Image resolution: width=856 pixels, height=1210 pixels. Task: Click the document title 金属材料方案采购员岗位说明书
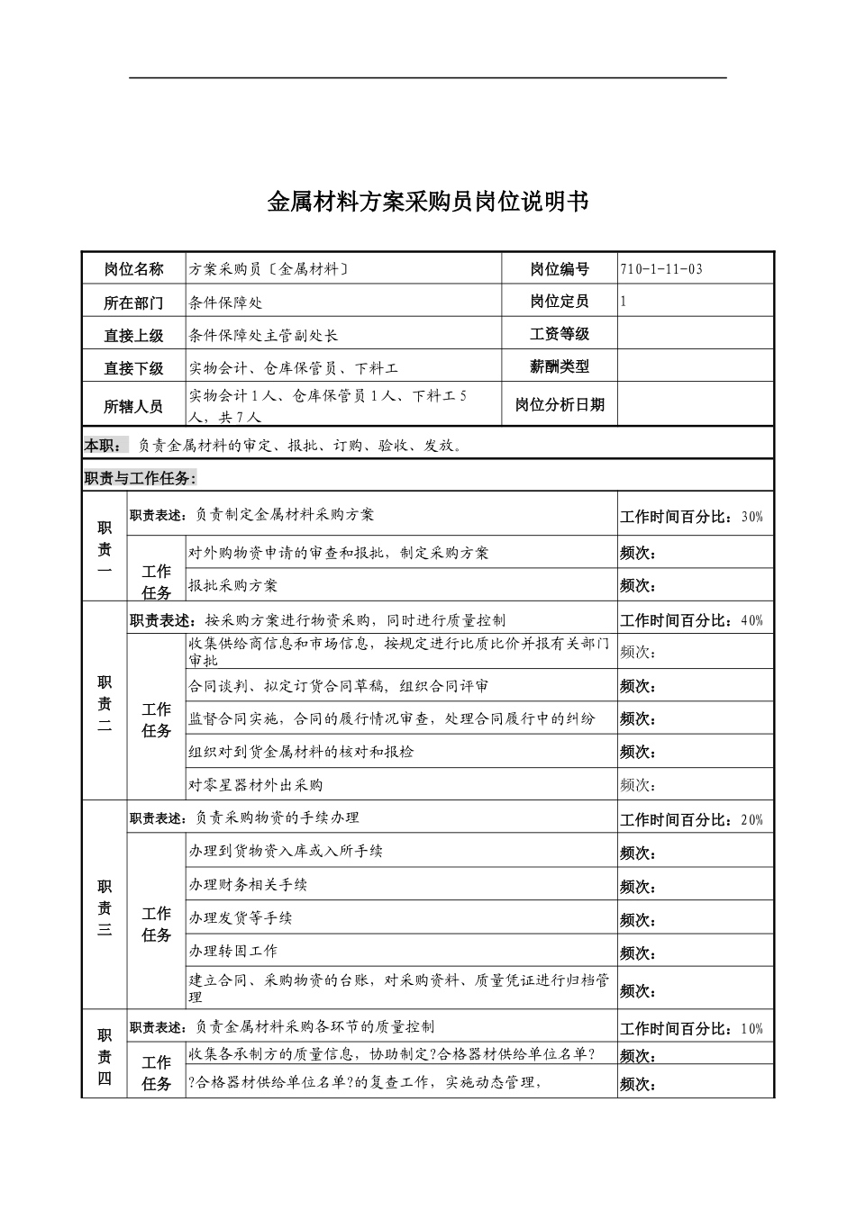(428, 202)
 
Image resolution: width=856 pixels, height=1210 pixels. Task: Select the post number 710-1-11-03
(661, 269)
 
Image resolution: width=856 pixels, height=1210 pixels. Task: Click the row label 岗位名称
(133, 269)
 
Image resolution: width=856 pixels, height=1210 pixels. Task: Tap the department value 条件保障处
(225, 302)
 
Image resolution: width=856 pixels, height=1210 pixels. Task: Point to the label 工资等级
(560, 334)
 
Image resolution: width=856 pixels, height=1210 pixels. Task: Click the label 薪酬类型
(560, 366)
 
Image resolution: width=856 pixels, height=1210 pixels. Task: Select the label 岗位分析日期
(560, 405)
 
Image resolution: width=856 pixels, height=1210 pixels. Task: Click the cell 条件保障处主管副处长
(264, 335)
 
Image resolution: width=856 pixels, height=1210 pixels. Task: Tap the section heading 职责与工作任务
(140, 478)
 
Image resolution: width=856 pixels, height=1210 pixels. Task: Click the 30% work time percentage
(751, 517)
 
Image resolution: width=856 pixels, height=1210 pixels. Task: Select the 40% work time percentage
(751, 620)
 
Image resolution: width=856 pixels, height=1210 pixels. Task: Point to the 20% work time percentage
(751, 820)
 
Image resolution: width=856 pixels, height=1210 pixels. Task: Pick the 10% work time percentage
(751, 1029)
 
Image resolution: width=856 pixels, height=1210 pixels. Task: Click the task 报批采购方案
(232, 585)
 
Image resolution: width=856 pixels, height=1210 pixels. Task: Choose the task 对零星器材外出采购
(255, 785)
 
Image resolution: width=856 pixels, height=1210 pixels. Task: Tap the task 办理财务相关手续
(248, 884)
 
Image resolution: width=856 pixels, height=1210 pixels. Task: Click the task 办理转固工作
(232, 951)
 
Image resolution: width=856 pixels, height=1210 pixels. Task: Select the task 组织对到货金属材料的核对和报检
(301, 751)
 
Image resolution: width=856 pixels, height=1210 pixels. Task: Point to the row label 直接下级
(133, 368)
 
